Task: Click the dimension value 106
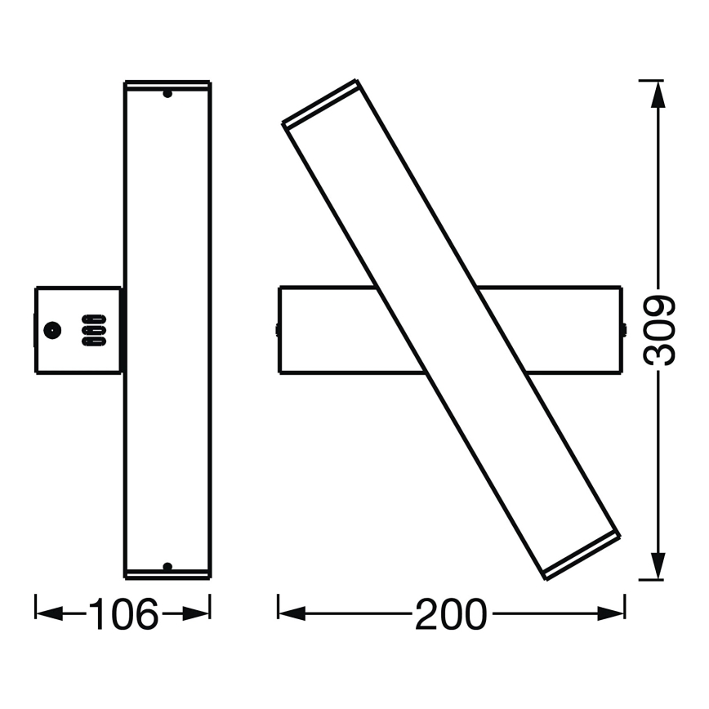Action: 123,613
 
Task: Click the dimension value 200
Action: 451,613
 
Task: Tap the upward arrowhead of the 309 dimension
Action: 658,94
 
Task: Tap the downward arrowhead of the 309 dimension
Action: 658,566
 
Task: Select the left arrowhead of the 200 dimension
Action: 292,613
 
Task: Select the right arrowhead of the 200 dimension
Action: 611,613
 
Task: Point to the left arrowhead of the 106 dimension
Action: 49,613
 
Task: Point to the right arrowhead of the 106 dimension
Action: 196,613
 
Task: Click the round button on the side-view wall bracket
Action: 52,331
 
